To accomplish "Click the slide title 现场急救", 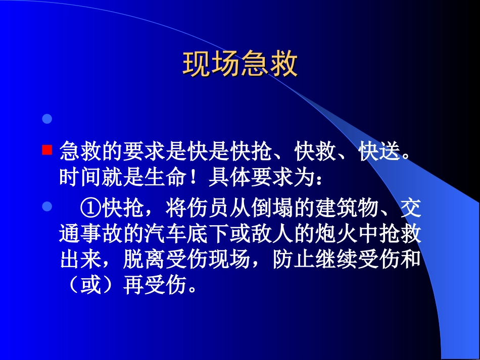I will point(240,65).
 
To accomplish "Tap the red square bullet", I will point(46,149).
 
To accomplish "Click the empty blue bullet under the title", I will point(46,119).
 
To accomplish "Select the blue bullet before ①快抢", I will point(46,206).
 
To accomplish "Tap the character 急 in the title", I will point(255,65).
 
